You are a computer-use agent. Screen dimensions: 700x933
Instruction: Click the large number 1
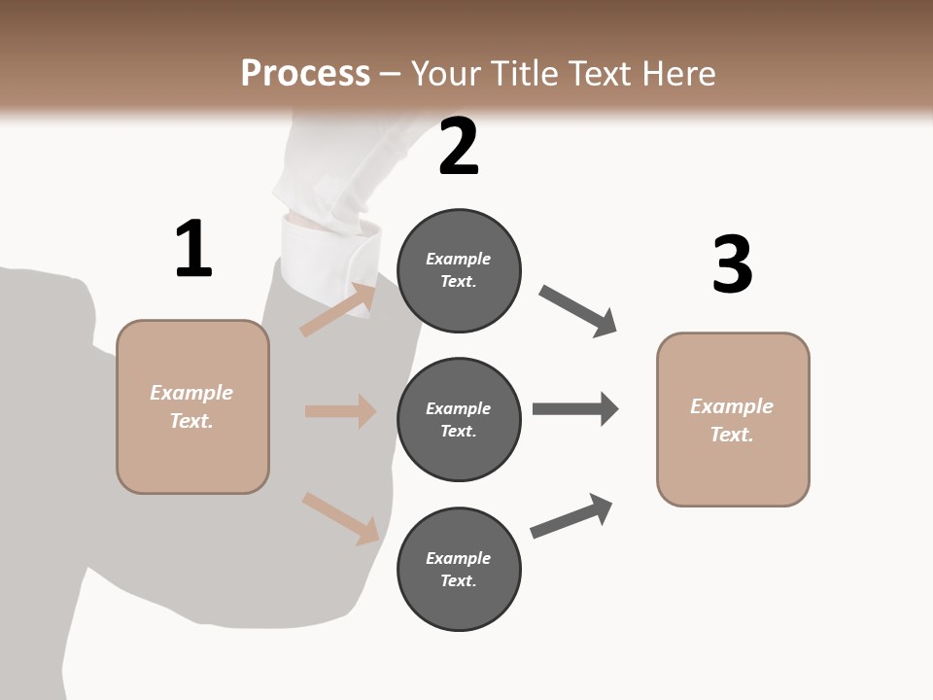(x=193, y=250)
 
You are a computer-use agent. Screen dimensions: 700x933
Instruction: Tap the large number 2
(x=459, y=147)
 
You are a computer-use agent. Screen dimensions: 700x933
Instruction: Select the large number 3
(x=732, y=265)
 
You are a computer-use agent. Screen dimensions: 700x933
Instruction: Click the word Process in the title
(x=305, y=73)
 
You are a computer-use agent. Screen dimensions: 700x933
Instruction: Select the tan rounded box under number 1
(x=192, y=406)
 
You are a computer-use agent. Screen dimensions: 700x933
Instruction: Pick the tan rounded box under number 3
(x=733, y=420)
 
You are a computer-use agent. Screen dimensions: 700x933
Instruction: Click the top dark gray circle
(x=459, y=270)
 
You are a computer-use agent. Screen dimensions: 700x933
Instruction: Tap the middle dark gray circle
(x=459, y=420)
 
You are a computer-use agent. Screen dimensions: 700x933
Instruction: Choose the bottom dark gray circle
(x=459, y=570)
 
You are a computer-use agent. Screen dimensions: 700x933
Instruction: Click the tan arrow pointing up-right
(x=338, y=309)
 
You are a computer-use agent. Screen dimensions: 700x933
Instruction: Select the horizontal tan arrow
(x=340, y=411)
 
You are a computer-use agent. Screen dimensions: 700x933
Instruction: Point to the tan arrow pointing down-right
(x=340, y=518)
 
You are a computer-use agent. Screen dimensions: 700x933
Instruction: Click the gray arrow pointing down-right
(x=578, y=311)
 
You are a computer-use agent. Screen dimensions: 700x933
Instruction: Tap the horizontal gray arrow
(x=575, y=408)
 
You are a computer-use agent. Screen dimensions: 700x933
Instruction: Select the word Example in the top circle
(x=458, y=259)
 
